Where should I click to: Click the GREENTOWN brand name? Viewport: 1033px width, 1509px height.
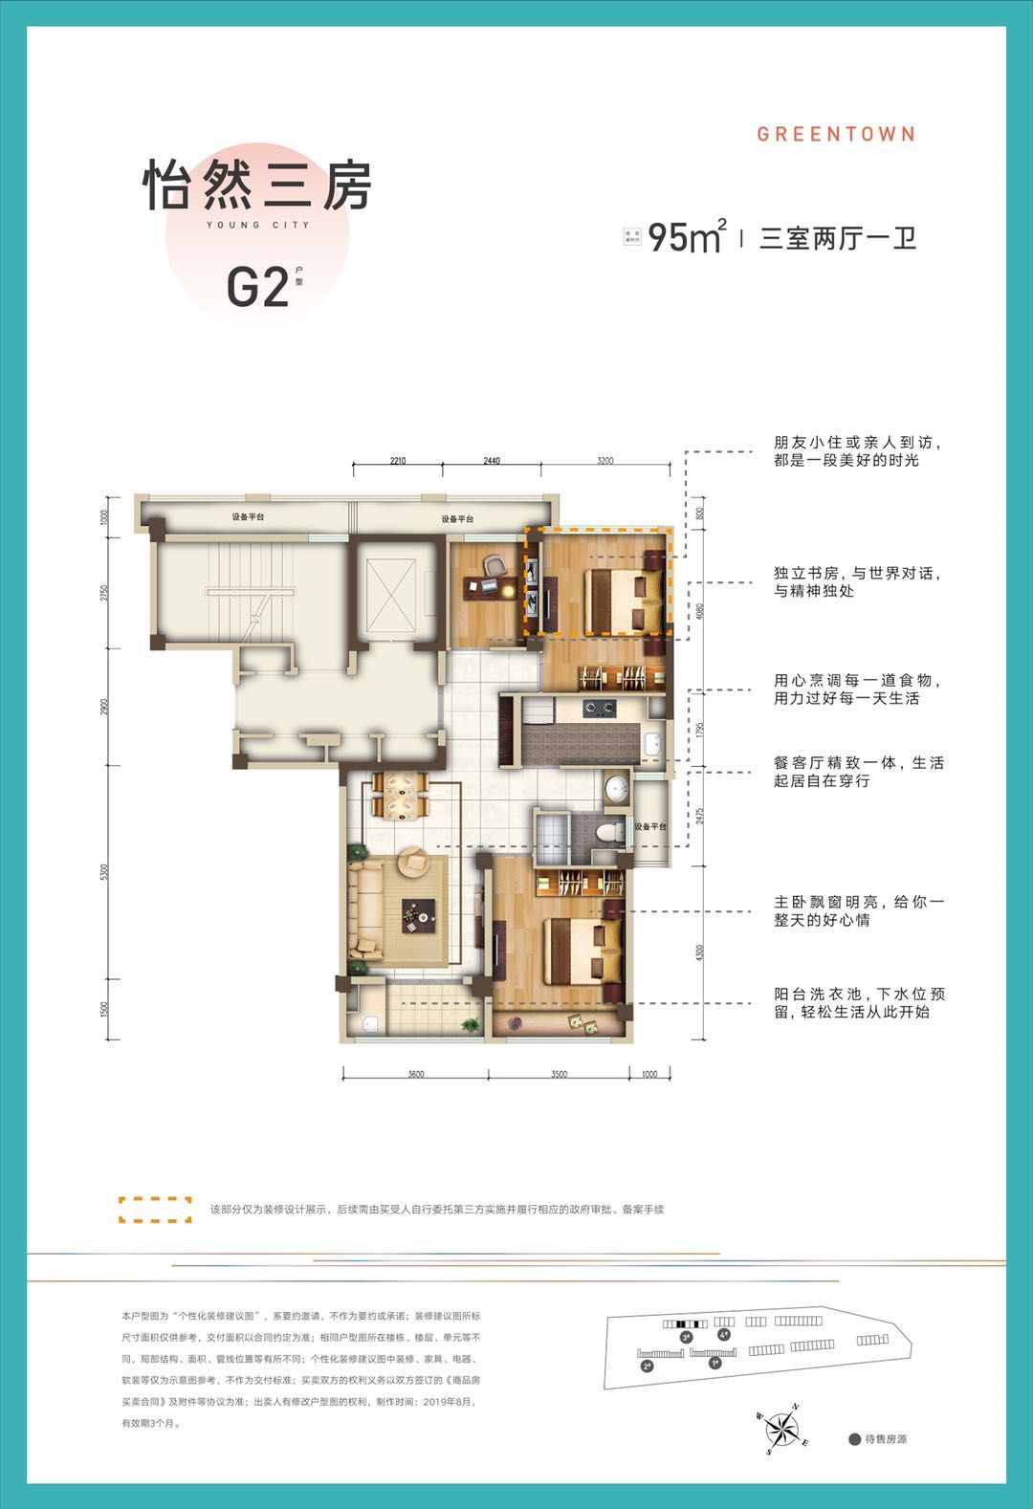(836, 134)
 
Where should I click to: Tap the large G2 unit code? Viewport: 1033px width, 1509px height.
(257, 286)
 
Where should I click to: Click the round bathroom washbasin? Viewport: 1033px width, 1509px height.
(617, 789)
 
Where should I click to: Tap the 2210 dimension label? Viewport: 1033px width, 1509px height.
(398, 461)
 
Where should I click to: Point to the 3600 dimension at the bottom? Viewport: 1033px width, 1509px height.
(415, 1074)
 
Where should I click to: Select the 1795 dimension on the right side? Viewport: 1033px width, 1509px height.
(700, 730)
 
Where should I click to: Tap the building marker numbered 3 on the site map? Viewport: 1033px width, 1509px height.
(686, 1338)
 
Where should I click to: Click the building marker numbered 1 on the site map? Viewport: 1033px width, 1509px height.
(714, 1364)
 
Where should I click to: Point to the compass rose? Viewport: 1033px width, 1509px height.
(782, 1430)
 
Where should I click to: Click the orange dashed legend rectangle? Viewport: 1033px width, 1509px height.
(154, 1210)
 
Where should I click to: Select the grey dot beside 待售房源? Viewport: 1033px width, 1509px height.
(854, 1439)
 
